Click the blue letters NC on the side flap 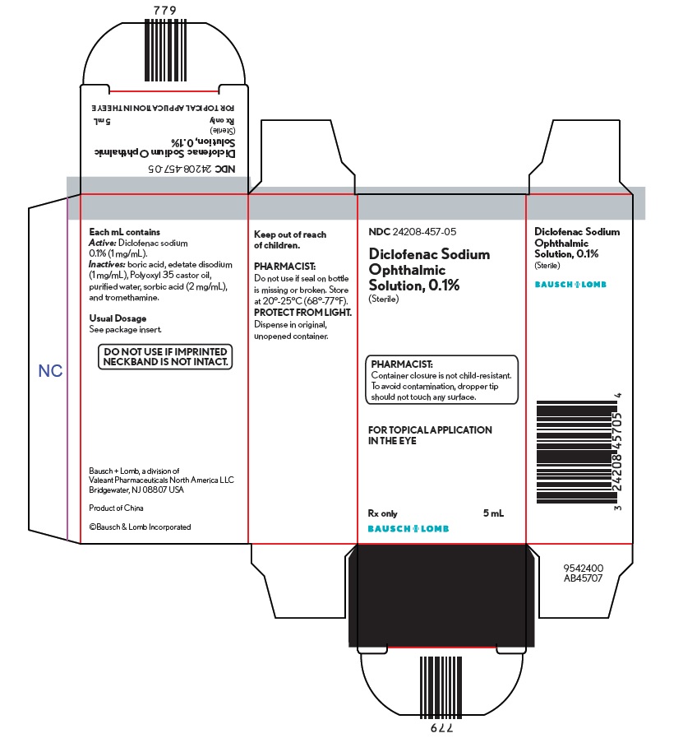click(50, 371)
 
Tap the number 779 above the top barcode click(165, 11)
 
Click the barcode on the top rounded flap click(165, 50)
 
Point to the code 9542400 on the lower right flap click(584, 568)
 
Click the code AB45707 click(584, 578)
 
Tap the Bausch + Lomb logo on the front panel click(408, 528)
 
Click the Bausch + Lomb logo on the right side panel click(570, 285)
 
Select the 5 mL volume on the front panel click(494, 513)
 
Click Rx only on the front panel click(383, 513)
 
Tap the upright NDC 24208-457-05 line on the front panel click(413, 231)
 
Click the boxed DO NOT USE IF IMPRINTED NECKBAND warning click(165, 357)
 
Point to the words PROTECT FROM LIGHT click(302, 313)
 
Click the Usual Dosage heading click(118, 318)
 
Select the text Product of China click(116, 508)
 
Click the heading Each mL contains click(125, 232)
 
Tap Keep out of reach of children click(290, 239)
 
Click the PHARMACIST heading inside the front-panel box click(402, 364)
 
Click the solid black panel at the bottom click(441, 596)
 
